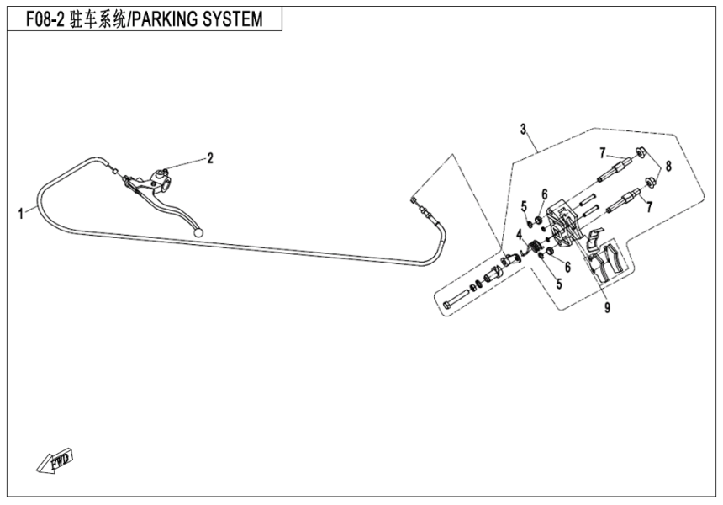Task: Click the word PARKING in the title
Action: [x=169, y=19]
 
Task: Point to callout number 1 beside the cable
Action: [x=21, y=214]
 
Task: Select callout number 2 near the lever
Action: [x=210, y=157]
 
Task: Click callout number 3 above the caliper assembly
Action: [x=523, y=129]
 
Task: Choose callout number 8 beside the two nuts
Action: [x=669, y=167]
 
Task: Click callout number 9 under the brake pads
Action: [x=607, y=308]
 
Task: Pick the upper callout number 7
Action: [x=602, y=152]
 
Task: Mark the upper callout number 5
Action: [x=523, y=206]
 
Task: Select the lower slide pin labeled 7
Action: [x=631, y=201]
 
